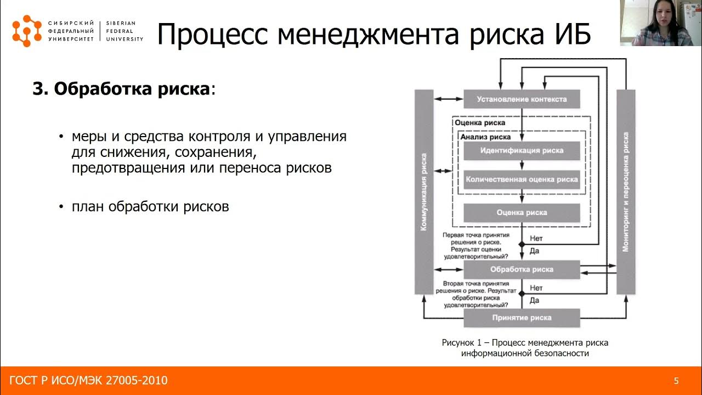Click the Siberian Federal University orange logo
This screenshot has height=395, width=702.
[27, 31]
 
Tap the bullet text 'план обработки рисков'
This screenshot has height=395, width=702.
[150, 207]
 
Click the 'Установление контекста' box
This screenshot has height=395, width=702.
[521, 99]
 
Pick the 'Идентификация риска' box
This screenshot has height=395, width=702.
[522, 150]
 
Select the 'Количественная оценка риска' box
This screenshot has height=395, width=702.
[522, 179]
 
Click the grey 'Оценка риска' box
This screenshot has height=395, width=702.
[522, 212]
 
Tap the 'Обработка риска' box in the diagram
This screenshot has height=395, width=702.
[522, 269]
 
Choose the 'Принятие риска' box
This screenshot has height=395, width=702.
[522, 318]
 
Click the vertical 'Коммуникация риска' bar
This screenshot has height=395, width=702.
[424, 192]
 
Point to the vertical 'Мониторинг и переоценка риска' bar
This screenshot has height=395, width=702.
[626, 192]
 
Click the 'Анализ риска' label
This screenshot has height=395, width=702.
[485, 137]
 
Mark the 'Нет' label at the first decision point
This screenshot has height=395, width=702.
[536, 239]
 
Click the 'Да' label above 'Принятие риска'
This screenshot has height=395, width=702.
[535, 300]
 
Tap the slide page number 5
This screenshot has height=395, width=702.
[676, 381]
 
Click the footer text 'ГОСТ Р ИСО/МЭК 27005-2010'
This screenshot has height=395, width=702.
[89, 381]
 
